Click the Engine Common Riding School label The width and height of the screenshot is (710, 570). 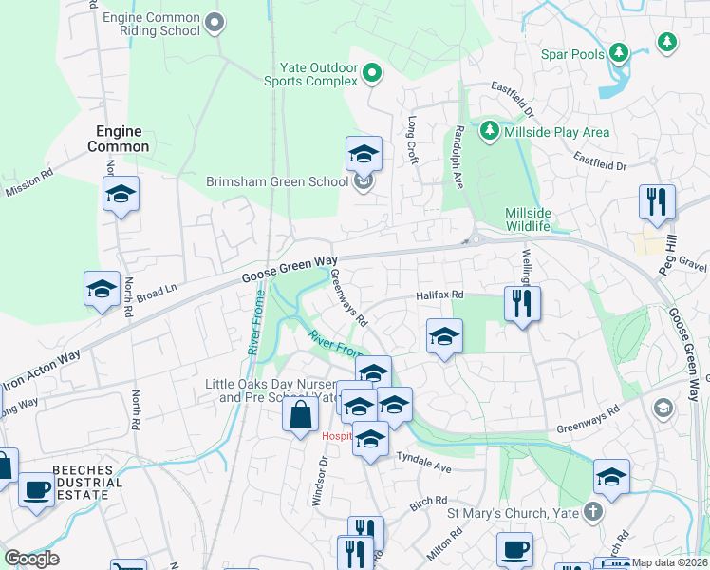(x=151, y=24)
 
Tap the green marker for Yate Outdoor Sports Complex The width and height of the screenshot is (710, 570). (x=373, y=72)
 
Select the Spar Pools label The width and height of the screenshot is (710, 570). (x=572, y=54)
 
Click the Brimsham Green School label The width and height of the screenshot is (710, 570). (x=276, y=181)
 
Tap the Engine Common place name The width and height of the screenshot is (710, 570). (x=119, y=139)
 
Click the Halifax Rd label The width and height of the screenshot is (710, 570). (x=439, y=296)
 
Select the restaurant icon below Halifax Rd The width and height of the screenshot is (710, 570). (x=521, y=304)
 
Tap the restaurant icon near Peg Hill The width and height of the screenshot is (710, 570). (x=657, y=202)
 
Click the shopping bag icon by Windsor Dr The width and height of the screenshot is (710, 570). (x=300, y=415)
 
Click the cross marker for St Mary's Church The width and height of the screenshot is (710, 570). (x=593, y=512)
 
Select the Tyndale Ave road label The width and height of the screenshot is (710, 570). (x=423, y=463)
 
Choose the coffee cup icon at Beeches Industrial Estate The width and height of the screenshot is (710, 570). (x=36, y=490)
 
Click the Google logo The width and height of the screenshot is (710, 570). (x=32, y=559)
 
